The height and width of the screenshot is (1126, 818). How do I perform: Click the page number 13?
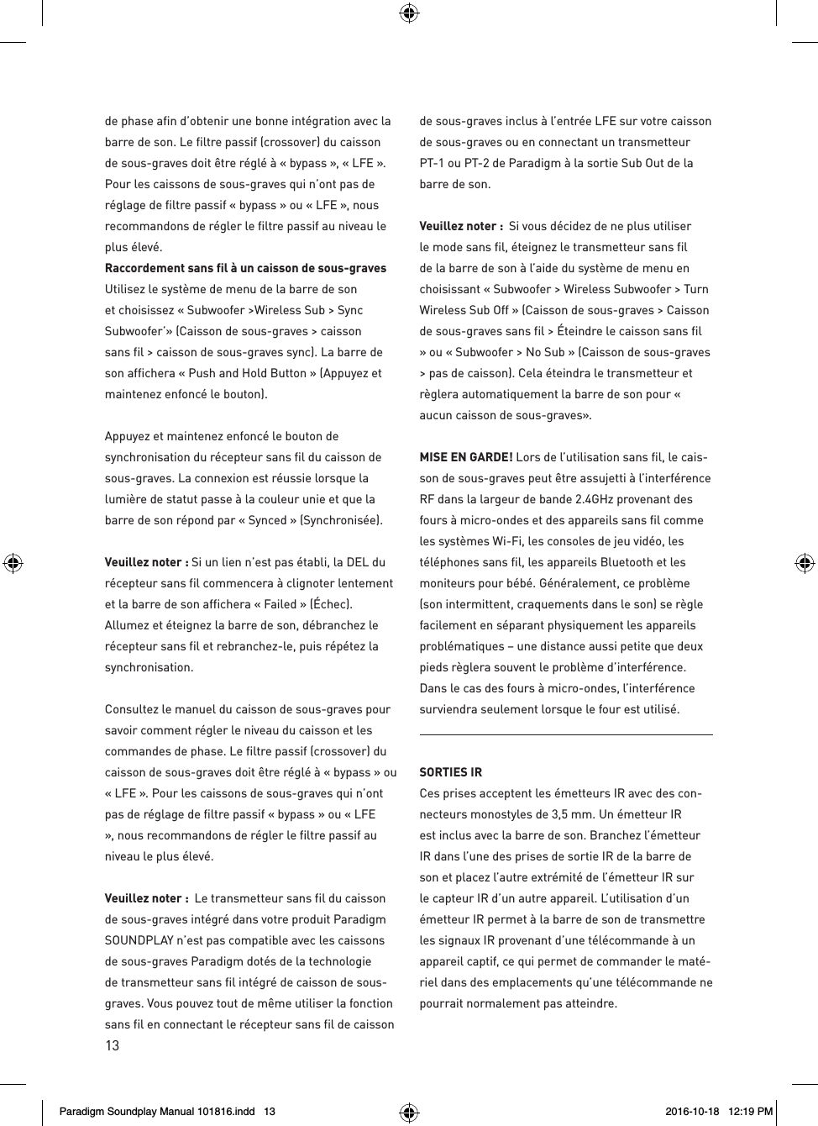pos(112,1046)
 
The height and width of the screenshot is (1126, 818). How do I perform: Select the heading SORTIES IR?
pos(450,772)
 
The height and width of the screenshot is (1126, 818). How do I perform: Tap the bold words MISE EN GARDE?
pos(465,457)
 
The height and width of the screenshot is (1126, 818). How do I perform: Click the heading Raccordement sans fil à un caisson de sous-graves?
pos(245,268)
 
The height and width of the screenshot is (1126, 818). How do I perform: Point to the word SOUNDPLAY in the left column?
pos(135,940)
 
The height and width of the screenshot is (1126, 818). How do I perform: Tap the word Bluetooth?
pos(624,562)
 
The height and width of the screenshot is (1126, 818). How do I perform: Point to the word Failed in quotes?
pos(280,604)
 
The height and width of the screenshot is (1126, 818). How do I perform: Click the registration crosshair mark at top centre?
pos(409,13)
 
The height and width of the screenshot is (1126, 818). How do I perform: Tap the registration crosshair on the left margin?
pos(13,562)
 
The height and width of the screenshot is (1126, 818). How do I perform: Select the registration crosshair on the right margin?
pos(805,562)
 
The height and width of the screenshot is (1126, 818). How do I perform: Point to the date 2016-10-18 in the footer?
pos(692,1112)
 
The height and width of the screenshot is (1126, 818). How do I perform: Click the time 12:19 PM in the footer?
pos(751,1112)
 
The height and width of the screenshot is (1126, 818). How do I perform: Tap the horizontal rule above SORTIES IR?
pos(565,734)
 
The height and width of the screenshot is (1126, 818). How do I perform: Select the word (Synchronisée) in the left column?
pos(341,520)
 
